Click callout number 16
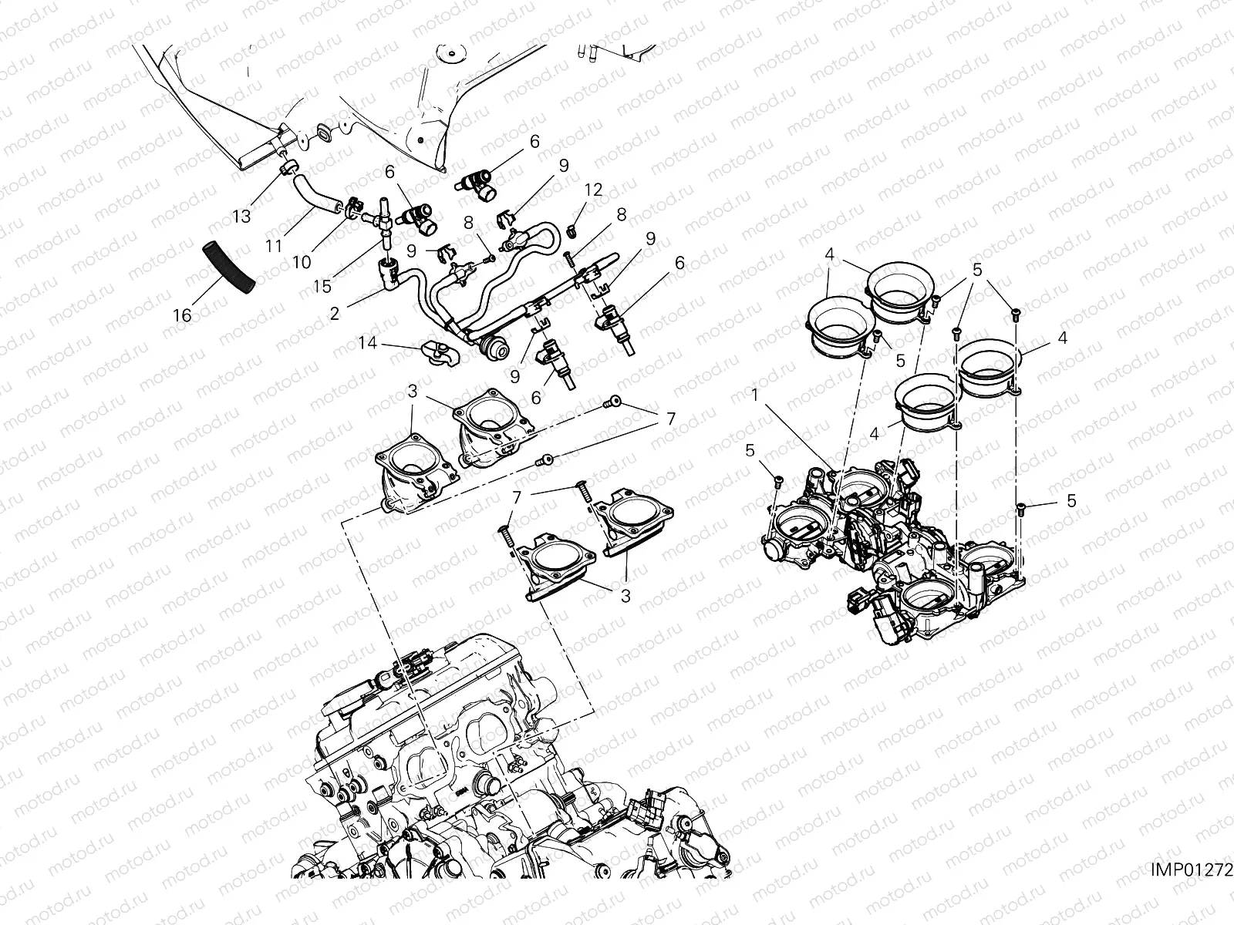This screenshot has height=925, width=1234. coord(182,316)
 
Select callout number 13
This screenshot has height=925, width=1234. coord(242,217)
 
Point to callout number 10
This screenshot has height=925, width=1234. coord(302,262)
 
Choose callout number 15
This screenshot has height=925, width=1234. coord(322,286)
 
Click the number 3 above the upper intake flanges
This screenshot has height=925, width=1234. coord(413,392)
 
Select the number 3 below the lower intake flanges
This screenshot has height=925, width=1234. coord(625,595)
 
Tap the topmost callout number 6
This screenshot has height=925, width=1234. coord(534,141)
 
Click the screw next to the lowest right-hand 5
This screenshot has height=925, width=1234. coord(1020,506)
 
